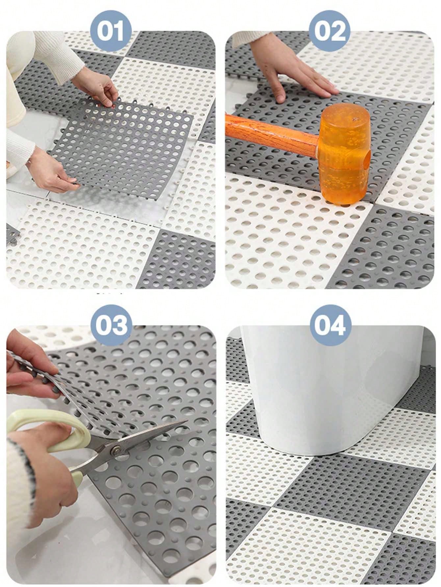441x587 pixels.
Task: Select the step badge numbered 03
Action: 111,324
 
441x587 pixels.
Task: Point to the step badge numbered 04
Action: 330,324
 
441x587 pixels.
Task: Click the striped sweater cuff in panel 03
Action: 20,477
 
